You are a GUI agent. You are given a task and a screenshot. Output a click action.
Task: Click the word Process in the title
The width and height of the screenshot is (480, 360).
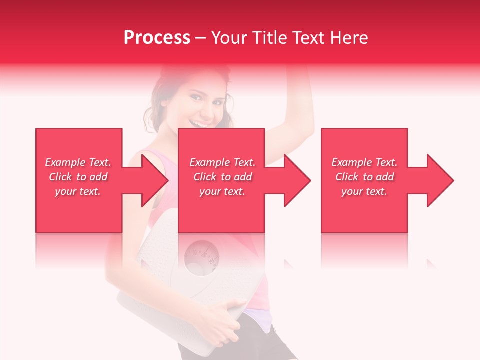(x=157, y=38)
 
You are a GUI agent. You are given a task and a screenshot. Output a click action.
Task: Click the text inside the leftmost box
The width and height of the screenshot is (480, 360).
(x=78, y=177)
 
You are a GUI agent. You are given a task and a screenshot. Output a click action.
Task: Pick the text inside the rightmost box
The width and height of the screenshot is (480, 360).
(x=364, y=177)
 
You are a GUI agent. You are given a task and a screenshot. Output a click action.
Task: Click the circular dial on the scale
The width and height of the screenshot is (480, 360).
(x=201, y=256)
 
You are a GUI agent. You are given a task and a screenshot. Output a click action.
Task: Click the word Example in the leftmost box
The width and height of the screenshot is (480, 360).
(x=65, y=162)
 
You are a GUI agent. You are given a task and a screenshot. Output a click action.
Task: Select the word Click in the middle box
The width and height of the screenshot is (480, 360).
(x=204, y=177)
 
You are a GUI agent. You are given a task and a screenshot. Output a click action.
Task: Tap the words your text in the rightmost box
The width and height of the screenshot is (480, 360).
(x=364, y=191)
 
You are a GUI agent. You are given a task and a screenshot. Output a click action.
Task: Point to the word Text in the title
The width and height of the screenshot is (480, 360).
(x=309, y=38)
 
